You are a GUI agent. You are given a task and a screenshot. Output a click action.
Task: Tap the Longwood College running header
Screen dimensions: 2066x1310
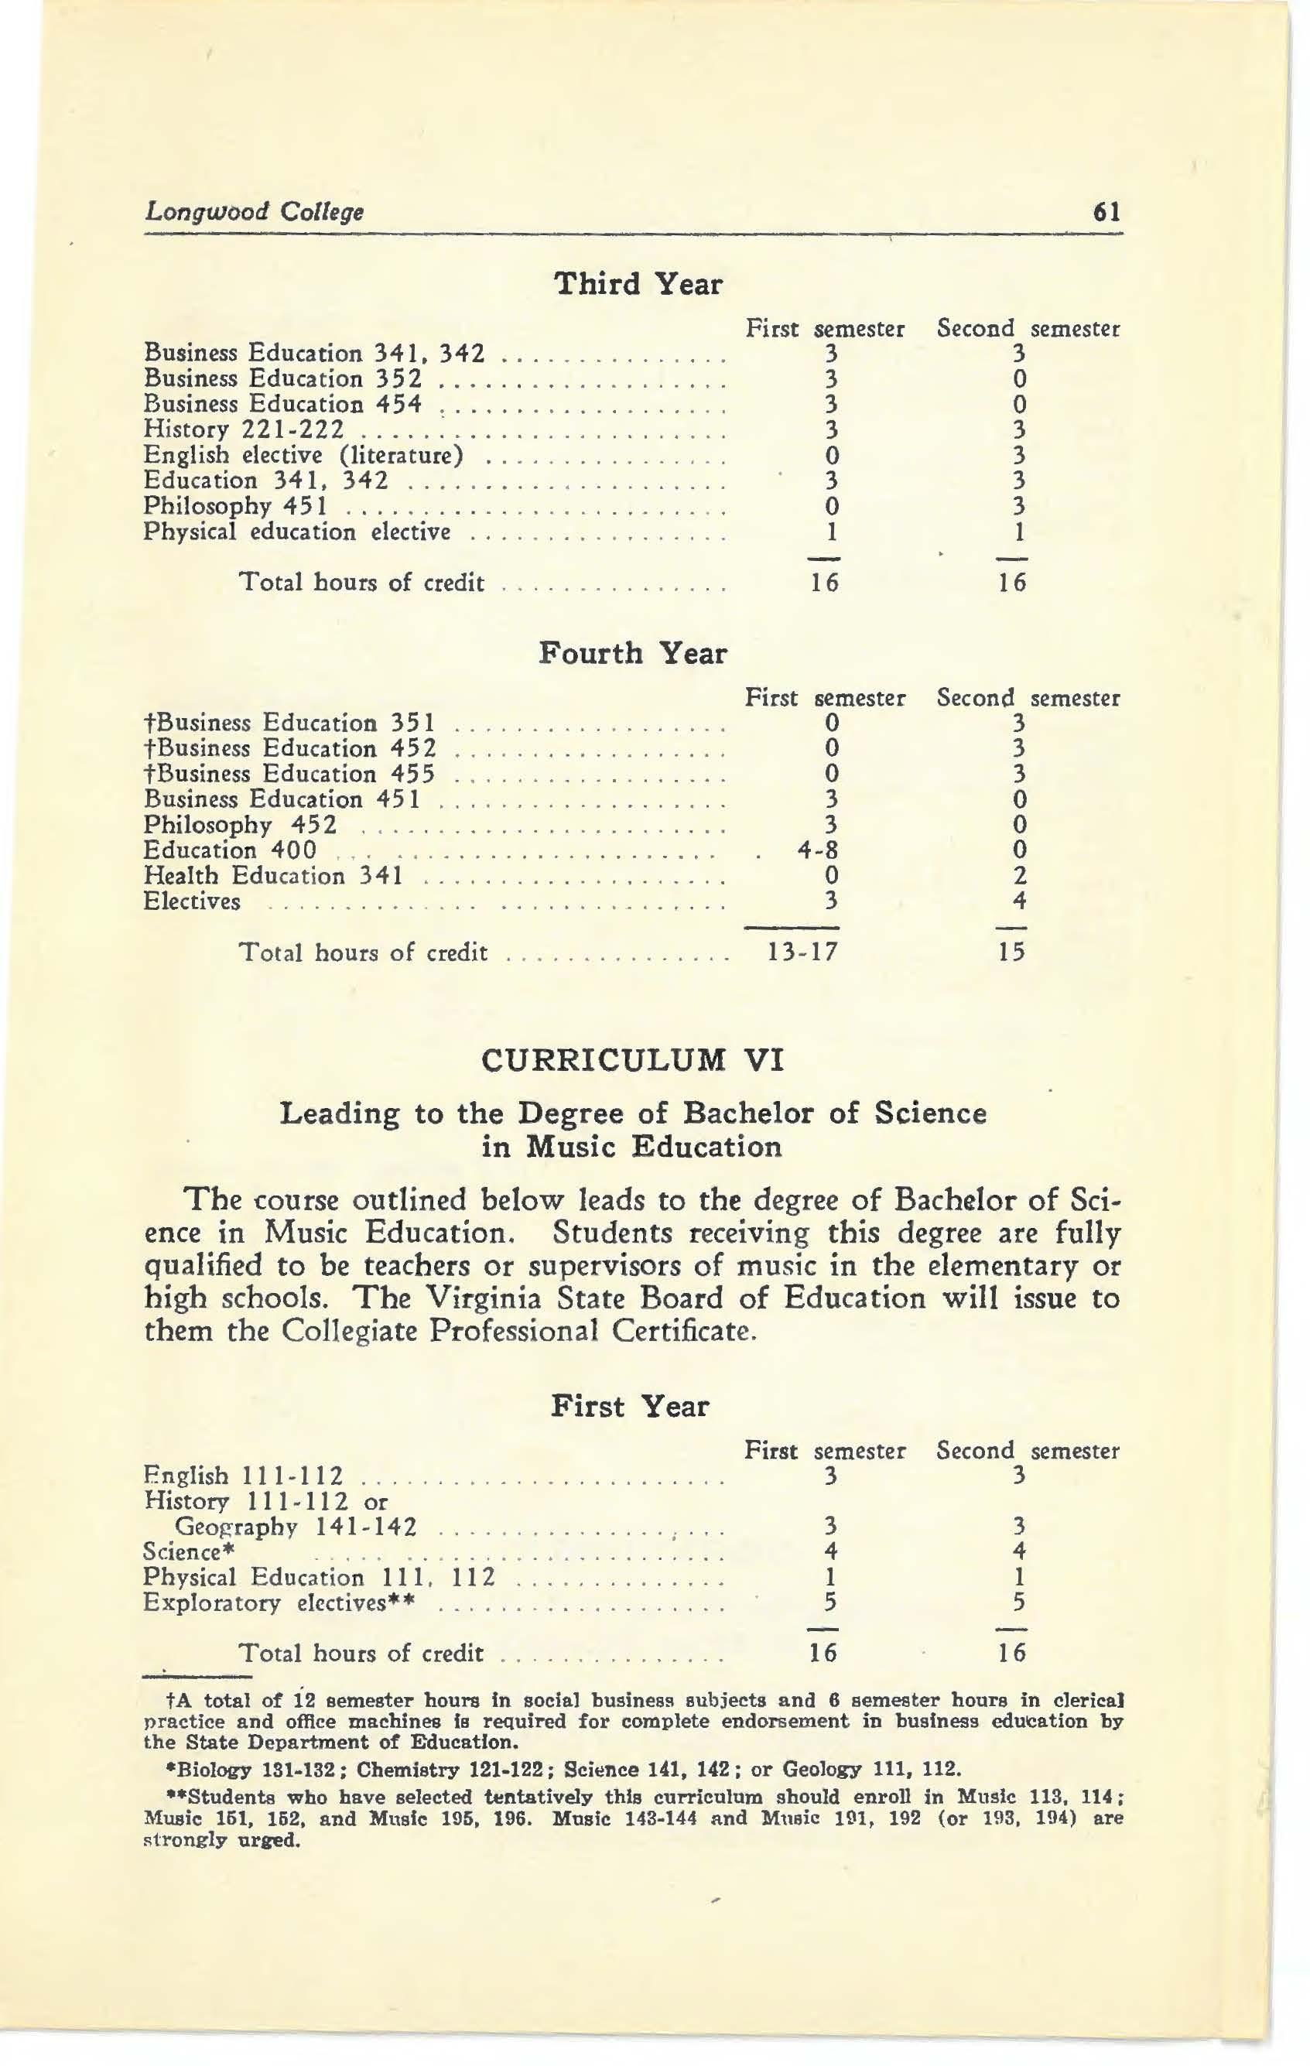click(x=254, y=211)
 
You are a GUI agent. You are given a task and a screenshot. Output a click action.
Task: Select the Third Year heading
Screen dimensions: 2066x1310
click(x=638, y=284)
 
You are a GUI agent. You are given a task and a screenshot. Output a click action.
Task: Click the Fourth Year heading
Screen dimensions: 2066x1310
click(x=632, y=653)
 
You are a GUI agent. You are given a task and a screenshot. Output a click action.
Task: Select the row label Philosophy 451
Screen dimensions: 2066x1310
click(x=234, y=507)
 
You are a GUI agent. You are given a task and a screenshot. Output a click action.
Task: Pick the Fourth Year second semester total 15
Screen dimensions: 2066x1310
click(x=1011, y=953)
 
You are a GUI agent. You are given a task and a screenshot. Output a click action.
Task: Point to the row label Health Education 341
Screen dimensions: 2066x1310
click(x=273, y=877)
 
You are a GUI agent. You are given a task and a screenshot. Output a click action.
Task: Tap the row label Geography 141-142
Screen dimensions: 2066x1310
click(x=296, y=1527)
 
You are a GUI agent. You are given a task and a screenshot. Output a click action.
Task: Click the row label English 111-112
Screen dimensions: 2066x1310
click(x=244, y=1476)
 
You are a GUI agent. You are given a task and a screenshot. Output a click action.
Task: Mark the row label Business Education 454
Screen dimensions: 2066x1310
click(x=283, y=404)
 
